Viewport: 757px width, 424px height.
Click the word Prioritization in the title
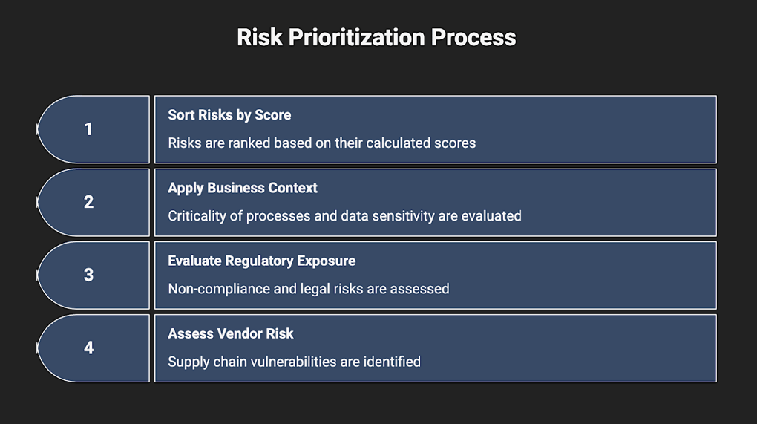pyautogui.click(x=356, y=37)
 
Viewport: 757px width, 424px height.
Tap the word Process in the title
pyautogui.click(x=473, y=37)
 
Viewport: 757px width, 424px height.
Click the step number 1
pyautogui.click(x=88, y=129)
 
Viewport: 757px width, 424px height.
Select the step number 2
pyautogui.click(x=88, y=202)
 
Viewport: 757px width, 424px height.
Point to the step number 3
pyautogui.click(x=88, y=275)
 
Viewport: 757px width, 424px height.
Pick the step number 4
pyautogui.click(x=88, y=348)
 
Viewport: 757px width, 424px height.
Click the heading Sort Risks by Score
pyautogui.click(x=229, y=115)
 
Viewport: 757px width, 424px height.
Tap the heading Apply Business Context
pyautogui.click(x=243, y=188)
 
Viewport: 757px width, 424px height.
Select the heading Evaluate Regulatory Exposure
pyautogui.click(x=262, y=261)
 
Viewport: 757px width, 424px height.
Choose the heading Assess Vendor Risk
pyautogui.click(x=230, y=333)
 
